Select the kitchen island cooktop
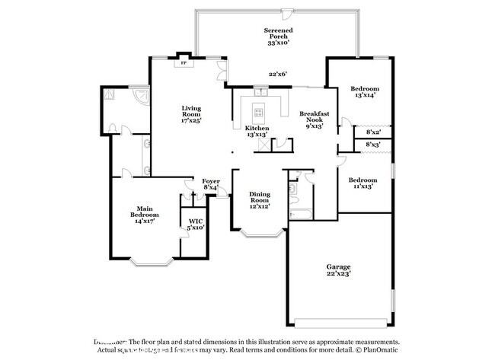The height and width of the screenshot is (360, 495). tap(259, 113)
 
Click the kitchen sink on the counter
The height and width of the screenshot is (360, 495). tap(259, 94)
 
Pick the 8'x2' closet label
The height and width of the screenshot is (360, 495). tap(373, 132)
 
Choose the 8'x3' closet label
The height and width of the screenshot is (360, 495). tap(373, 144)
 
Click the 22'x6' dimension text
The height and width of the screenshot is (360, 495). tap(277, 74)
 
